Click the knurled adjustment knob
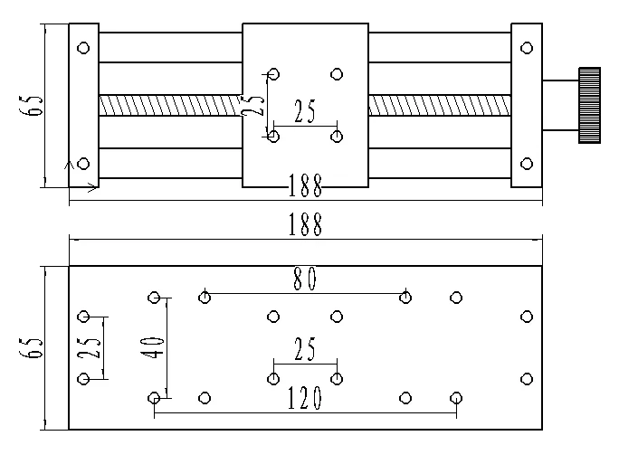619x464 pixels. pyautogui.click(x=590, y=105)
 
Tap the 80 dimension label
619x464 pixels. pyautogui.click(x=305, y=280)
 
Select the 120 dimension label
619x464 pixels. pyautogui.click(x=305, y=399)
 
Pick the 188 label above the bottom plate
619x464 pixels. pyautogui.click(x=305, y=225)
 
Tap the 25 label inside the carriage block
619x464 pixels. pyautogui.click(x=304, y=112)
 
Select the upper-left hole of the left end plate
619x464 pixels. pyautogui.click(x=84, y=48)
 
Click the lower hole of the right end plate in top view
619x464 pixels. pyautogui.click(x=527, y=164)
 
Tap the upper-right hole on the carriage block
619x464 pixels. pyautogui.click(x=337, y=73)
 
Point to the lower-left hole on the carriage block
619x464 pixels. pyautogui.click(x=273, y=137)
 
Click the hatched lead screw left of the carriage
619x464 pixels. pyautogui.click(x=170, y=105)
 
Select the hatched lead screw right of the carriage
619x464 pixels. pyautogui.click(x=439, y=105)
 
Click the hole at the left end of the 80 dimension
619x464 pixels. pyautogui.click(x=205, y=296)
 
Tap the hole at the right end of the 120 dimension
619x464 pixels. pyautogui.click(x=456, y=397)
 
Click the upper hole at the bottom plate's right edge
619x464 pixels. pyautogui.click(x=527, y=316)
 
